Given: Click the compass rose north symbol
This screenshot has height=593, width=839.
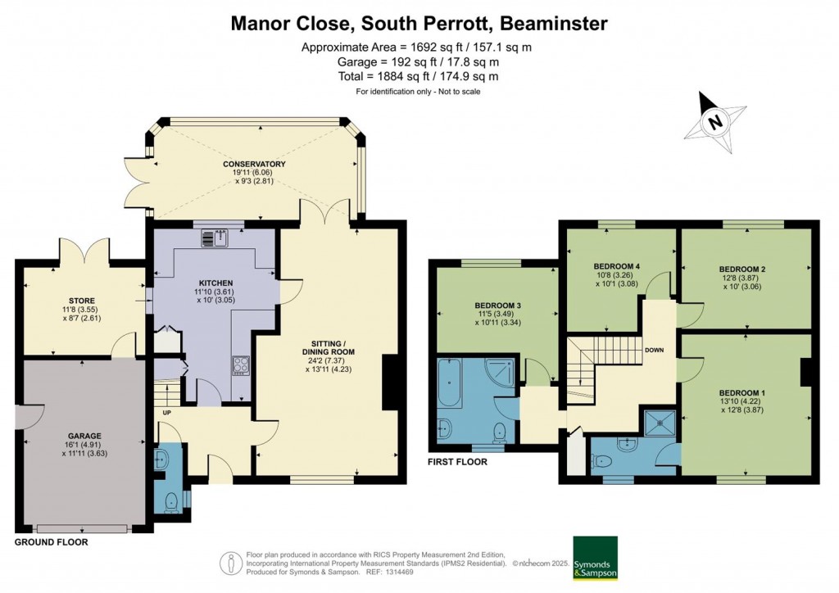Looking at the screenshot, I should [x=717, y=124].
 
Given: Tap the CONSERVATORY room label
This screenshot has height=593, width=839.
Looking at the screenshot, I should [x=254, y=164].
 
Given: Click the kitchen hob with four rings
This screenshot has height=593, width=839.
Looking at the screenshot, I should [x=242, y=366].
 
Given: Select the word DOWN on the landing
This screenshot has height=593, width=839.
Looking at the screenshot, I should [x=655, y=351].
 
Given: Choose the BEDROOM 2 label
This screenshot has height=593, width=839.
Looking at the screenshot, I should [x=742, y=269].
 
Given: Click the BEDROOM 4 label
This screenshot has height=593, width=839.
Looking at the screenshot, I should [x=616, y=266].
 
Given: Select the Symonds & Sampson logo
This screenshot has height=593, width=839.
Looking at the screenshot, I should [x=595, y=558].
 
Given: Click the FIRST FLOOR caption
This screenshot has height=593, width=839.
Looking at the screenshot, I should [x=457, y=462].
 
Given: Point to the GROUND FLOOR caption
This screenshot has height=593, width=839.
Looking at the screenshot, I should [x=52, y=542].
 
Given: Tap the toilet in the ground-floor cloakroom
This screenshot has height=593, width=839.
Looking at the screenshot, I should [x=171, y=500].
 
